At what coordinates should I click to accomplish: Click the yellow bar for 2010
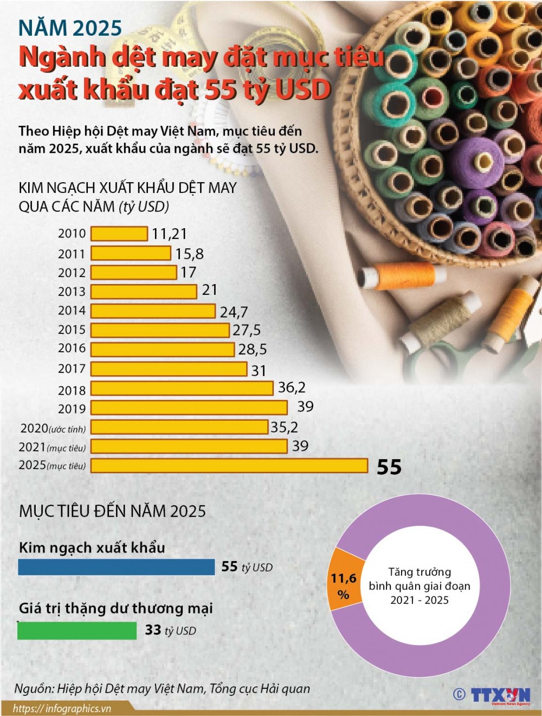tap(119, 234)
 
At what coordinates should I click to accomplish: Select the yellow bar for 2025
tap(229, 466)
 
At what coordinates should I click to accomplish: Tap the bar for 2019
tap(189, 408)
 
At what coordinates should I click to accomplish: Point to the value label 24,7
tap(234, 312)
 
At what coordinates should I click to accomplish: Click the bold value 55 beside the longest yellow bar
tap(389, 467)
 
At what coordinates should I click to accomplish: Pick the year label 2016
tap(72, 348)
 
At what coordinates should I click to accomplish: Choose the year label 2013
tap(72, 292)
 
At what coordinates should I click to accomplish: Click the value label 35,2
tap(284, 427)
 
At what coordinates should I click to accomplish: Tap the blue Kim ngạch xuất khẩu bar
tap(116, 567)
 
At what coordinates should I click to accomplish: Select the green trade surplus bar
tap(77, 630)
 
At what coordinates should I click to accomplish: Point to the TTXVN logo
tap(499, 695)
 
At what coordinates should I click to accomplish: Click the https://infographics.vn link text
tap(62, 708)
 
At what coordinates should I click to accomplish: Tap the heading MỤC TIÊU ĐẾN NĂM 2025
tap(112, 511)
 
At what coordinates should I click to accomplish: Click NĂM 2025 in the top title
tap(70, 28)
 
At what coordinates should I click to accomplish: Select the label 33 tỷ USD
tap(170, 630)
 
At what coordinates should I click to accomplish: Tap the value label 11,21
tap(169, 234)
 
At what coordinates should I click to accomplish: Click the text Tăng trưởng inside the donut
tap(420, 572)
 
